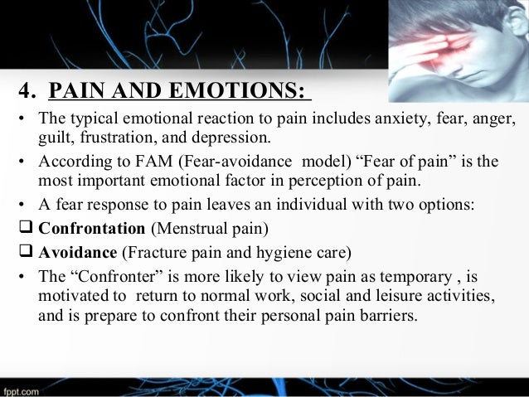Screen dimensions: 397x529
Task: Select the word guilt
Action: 53,137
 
